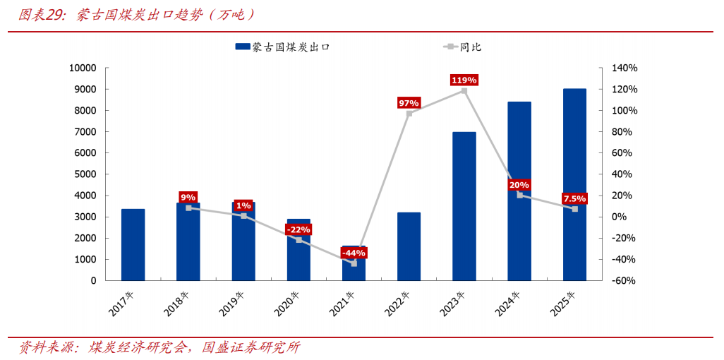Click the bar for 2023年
tap(464, 206)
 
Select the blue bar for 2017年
tap(133, 244)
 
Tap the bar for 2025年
tap(574, 184)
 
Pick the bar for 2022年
tap(409, 246)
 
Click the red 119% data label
tap(464, 80)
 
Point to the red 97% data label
tap(409, 103)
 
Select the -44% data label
tap(354, 253)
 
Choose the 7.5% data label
tap(574, 198)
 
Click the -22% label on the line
tap(298, 229)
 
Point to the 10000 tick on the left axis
tap(83, 68)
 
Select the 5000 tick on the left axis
tap(85, 174)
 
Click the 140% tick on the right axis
tap(625, 68)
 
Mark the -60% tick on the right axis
tap(625, 280)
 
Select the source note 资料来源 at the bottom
tap(159, 347)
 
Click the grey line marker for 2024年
tap(520, 195)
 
